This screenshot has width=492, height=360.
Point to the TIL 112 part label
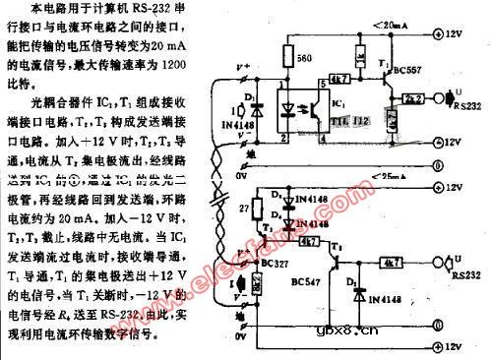[355, 120]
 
